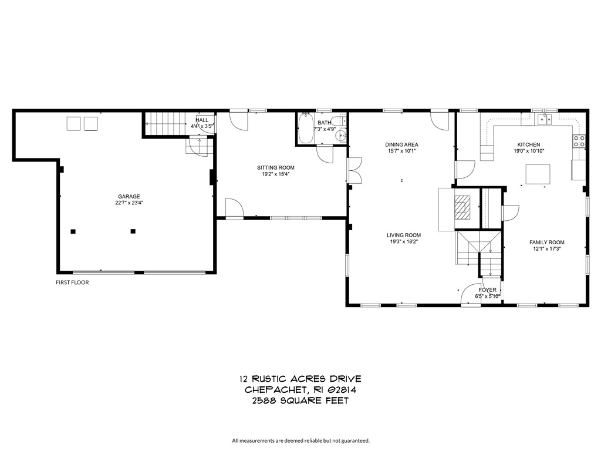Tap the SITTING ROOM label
(x=278, y=167)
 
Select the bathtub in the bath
(x=306, y=129)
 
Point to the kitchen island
(x=538, y=174)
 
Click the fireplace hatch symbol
(x=461, y=207)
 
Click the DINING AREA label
(x=401, y=144)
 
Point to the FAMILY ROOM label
(x=546, y=242)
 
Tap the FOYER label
(x=487, y=290)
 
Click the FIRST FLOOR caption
(x=72, y=282)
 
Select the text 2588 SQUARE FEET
(x=300, y=401)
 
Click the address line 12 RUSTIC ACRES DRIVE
(x=300, y=379)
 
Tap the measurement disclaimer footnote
(x=300, y=440)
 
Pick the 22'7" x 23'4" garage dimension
(x=129, y=203)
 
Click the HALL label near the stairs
(x=202, y=120)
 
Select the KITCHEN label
(x=528, y=144)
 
